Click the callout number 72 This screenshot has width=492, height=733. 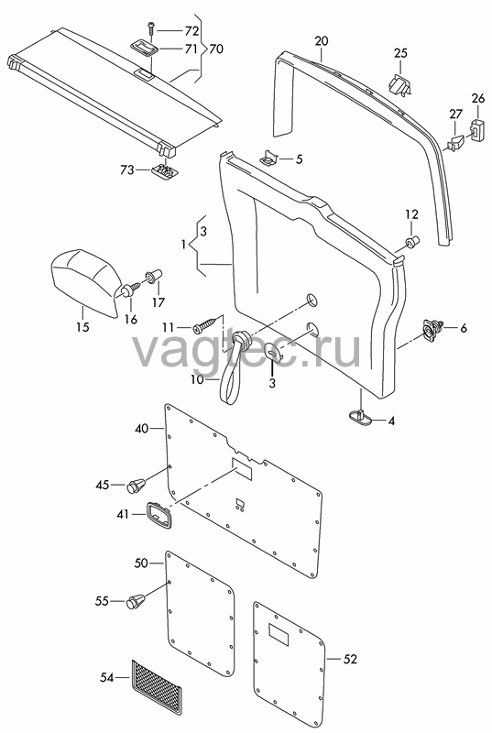191,31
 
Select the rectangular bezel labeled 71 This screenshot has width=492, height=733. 144,47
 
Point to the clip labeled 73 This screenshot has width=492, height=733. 165,171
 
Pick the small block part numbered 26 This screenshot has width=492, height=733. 477,129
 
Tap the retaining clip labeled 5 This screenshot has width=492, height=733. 270,157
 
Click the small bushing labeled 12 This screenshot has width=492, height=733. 411,242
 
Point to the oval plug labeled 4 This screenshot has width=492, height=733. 361,416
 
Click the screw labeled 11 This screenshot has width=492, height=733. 206,325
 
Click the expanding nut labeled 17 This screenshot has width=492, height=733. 155,276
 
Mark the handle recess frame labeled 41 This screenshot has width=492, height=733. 159,516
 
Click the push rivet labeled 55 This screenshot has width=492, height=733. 137,601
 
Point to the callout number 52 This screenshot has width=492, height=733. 350,659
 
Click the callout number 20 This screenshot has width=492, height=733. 322,40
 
